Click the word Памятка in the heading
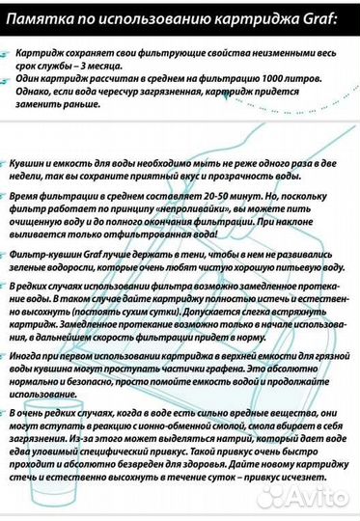(40, 17)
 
